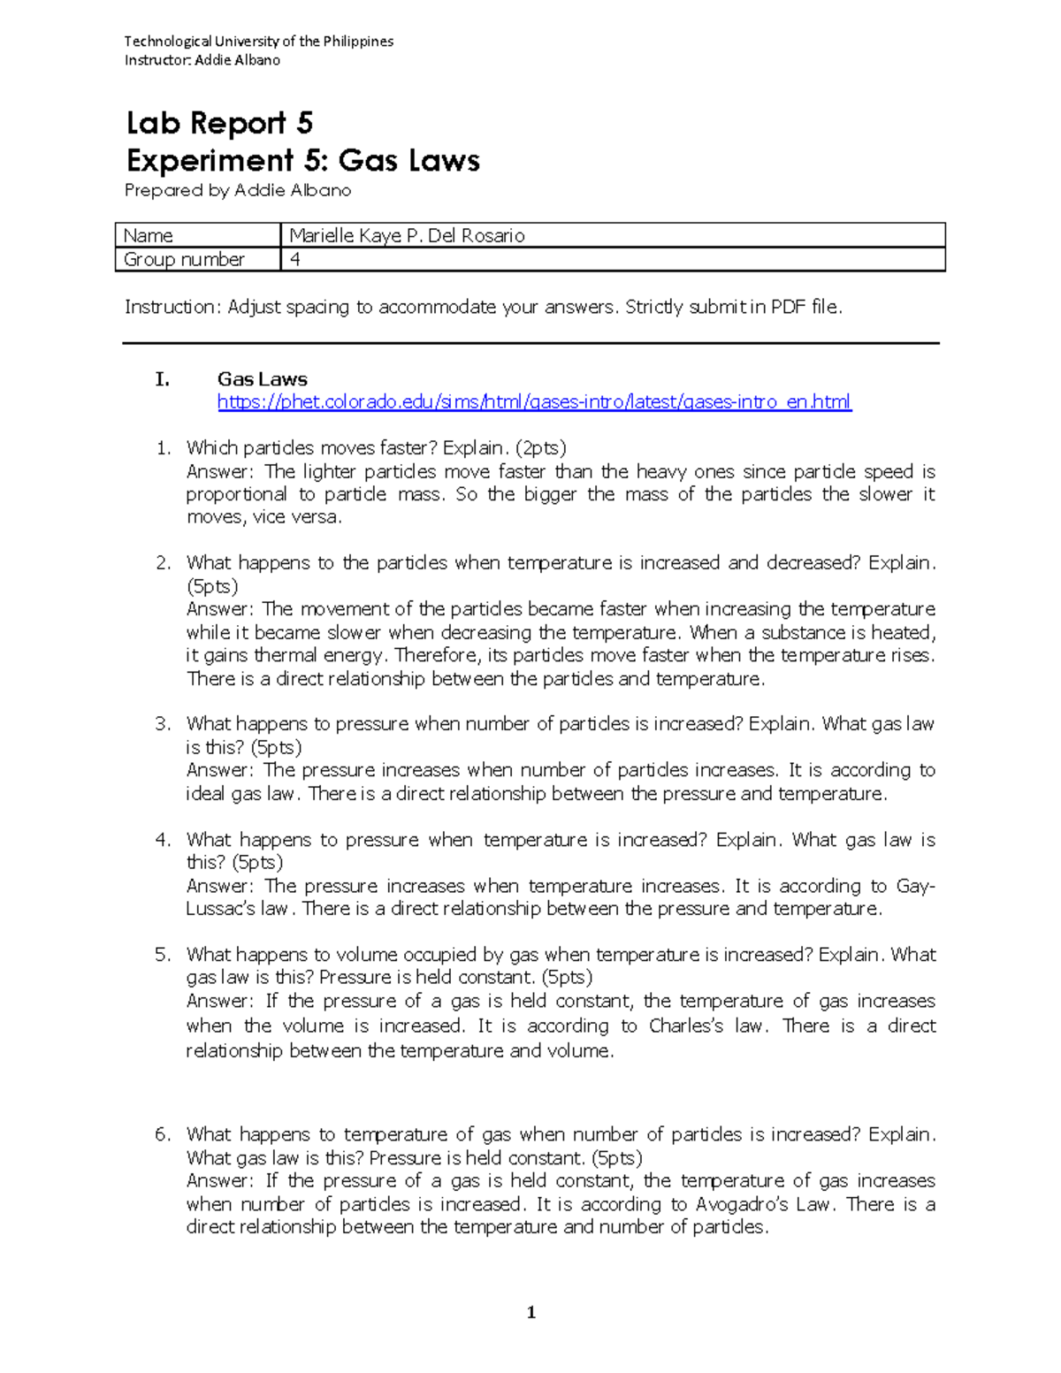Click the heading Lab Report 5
click(x=219, y=123)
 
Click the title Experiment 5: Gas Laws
click(x=302, y=161)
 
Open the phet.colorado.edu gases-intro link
click(x=534, y=402)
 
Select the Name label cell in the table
click(x=149, y=235)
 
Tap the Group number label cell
click(x=184, y=259)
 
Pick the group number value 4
click(x=294, y=259)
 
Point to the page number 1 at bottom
click(x=530, y=1313)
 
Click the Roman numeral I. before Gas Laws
click(x=161, y=379)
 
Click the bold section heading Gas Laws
click(x=262, y=379)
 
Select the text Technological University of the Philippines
click(x=258, y=42)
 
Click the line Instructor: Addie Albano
click(x=202, y=60)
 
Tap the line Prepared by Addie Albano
click(x=238, y=190)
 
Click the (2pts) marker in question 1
click(x=541, y=447)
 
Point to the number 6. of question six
click(x=163, y=1134)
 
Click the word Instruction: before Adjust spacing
click(x=172, y=307)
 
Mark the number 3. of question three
click(x=163, y=724)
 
